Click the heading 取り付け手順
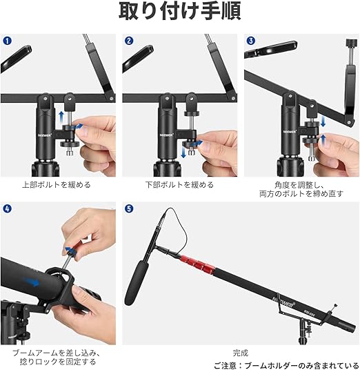(179, 11)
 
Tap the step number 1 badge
(8, 41)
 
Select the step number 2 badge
(129, 41)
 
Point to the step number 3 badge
(250, 41)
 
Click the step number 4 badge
(8, 208)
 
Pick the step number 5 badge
(129, 208)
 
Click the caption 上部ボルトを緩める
(57, 185)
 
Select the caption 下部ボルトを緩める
(179, 185)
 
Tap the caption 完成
(241, 353)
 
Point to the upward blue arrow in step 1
(61, 117)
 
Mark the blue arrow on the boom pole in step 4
(32, 282)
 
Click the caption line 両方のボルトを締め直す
(301, 194)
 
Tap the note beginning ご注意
(287, 366)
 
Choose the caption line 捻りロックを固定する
(58, 362)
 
